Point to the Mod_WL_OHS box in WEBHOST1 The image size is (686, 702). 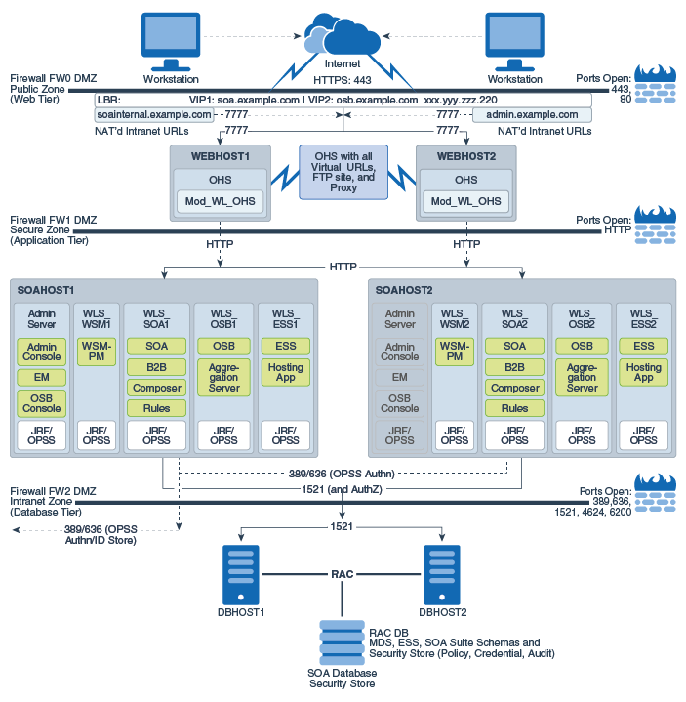click(220, 201)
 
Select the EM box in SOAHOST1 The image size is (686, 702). click(41, 376)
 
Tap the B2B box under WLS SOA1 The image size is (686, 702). click(156, 367)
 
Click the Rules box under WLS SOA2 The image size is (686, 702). click(514, 408)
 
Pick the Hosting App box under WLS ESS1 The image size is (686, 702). click(285, 372)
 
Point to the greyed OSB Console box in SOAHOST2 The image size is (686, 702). click(399, 402)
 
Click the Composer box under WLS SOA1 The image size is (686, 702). click(156, 388)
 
